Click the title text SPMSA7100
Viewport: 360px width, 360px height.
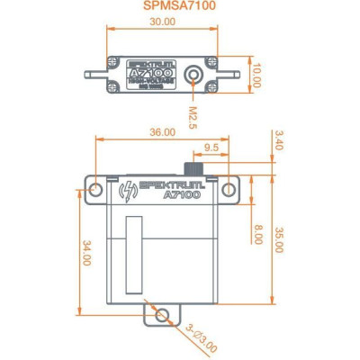[x=179, y=6]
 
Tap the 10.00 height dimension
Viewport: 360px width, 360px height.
[x=256, y=75]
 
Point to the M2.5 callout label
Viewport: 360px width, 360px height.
[x=193, y=117]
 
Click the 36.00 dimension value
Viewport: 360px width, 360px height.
[x=162, y=132]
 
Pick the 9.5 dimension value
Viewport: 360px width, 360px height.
[x=211, y=147]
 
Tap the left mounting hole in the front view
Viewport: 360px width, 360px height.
[x=95, y=190]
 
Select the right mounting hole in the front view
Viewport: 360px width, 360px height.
[x=229, y=190]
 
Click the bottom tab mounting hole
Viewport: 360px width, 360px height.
[x=161, y=314]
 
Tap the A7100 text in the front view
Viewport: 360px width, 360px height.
[x=182, y=195]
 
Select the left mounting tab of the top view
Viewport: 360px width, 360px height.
[x=95, y=75]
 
